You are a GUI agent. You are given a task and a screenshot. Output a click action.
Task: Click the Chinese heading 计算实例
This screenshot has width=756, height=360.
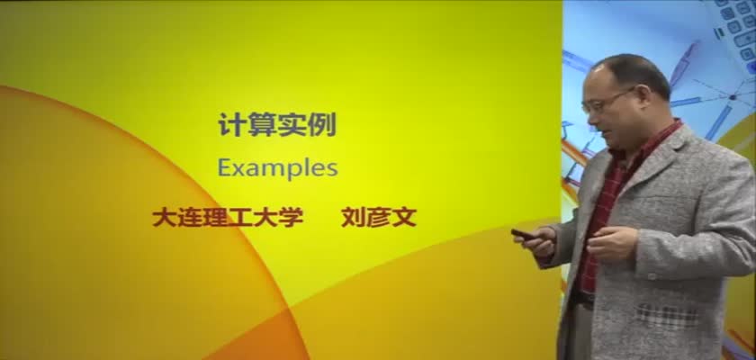[x=277, y=124]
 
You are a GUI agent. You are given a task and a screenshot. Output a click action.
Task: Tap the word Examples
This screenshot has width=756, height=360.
[x=278, y=168]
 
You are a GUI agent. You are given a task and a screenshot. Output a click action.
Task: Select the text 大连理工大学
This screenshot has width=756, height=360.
[x=228, y=218]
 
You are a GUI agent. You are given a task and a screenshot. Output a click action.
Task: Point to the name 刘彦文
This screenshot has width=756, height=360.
[x=379, y=218]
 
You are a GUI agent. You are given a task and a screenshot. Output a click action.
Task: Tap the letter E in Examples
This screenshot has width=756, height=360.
[x=224, y=167]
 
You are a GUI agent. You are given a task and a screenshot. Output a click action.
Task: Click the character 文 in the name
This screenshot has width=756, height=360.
[x=404, y=218]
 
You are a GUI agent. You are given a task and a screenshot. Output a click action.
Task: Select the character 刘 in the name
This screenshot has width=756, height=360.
[x=354, y=218]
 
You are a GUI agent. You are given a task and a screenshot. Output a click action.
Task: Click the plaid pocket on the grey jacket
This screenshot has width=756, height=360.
[x=668, y=316]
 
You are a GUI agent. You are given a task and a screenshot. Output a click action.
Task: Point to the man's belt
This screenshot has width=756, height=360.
[x=582, y=300]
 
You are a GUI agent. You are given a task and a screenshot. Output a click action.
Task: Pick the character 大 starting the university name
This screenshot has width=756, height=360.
[x=165, y=218]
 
